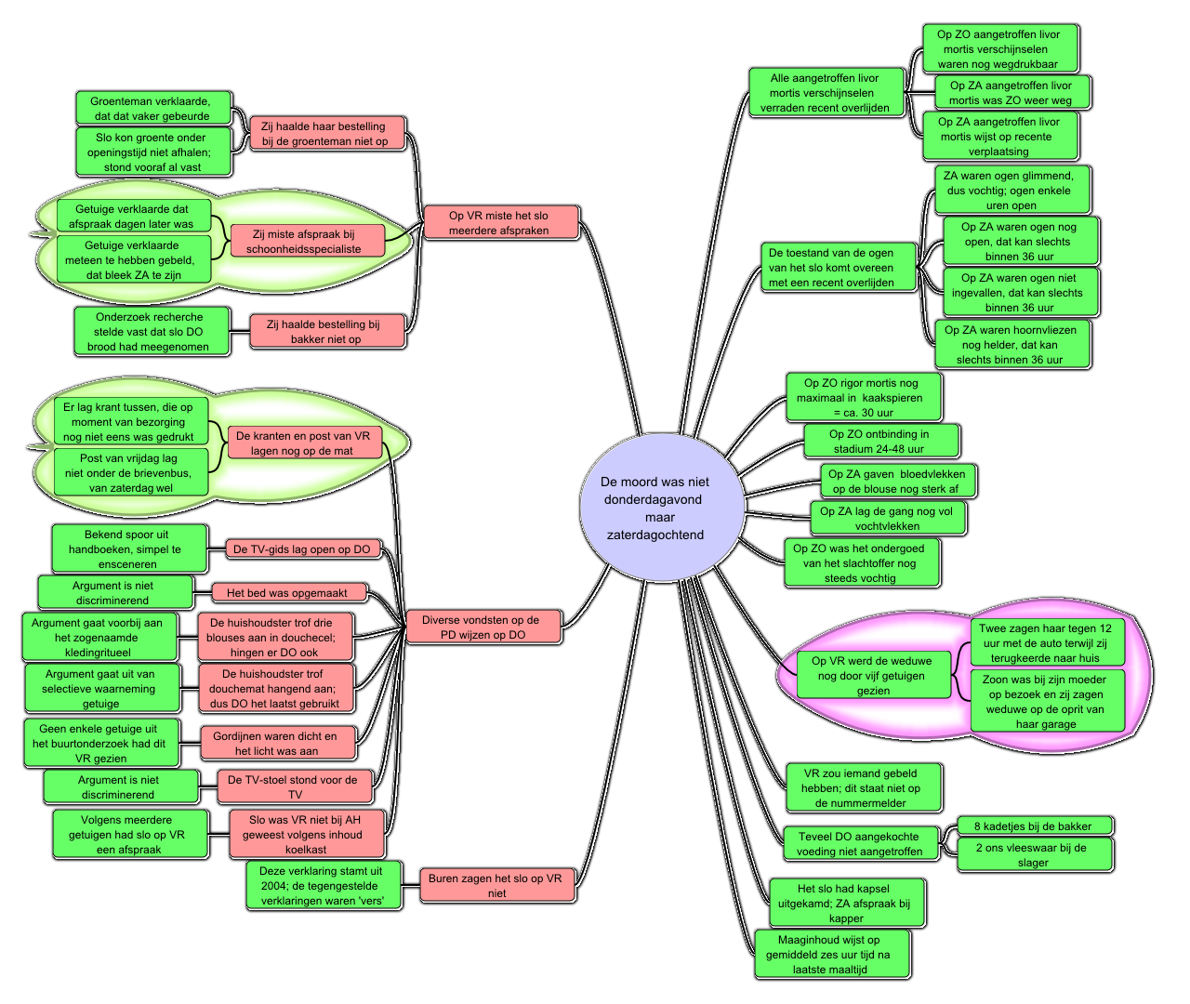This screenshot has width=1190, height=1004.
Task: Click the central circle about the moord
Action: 662,507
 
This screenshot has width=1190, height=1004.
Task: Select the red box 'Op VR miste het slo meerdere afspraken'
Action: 501,223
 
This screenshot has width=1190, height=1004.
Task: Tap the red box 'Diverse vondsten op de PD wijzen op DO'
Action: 483,627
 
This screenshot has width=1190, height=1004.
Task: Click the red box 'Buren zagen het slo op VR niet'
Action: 497,886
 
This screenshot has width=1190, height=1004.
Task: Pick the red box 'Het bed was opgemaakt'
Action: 288,592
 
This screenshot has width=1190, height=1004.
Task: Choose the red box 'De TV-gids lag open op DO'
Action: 303,549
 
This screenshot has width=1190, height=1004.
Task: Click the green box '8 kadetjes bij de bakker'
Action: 1034,826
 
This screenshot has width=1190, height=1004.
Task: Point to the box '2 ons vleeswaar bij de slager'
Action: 1034,854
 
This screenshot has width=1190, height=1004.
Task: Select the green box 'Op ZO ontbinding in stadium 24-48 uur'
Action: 881,441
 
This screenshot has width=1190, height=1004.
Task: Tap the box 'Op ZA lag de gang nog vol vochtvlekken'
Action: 888,518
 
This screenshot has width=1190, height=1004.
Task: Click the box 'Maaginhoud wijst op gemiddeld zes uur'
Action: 831,955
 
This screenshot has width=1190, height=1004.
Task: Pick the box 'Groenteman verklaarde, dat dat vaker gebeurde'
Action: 152,108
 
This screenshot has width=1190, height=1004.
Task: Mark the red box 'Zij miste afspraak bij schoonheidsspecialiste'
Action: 307,241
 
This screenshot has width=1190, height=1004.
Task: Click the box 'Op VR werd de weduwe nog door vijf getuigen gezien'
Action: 874,675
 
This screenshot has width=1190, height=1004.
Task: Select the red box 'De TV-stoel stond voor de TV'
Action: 295,786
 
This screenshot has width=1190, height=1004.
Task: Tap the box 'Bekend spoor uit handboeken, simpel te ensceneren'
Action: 129,548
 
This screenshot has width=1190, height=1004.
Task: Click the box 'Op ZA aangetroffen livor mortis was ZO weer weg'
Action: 1012,93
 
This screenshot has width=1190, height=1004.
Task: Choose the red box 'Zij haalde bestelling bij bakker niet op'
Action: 326,332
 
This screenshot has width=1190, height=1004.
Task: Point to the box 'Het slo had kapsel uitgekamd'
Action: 847,904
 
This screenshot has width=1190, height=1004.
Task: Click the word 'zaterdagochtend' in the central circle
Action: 655,535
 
